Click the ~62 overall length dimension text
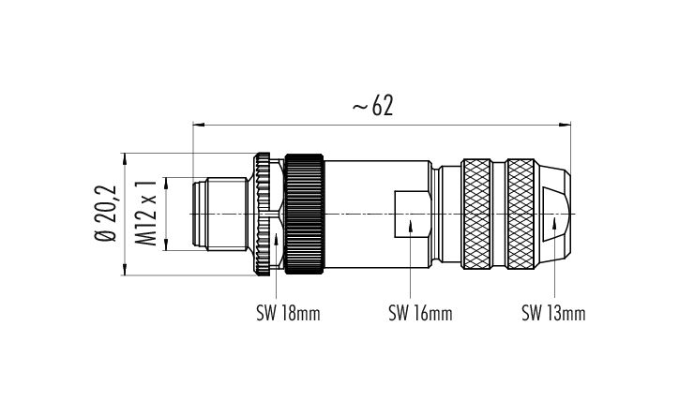point(371,106)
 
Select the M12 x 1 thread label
point(146,215)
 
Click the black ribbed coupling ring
point(307,215)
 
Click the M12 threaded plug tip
point(211,215)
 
